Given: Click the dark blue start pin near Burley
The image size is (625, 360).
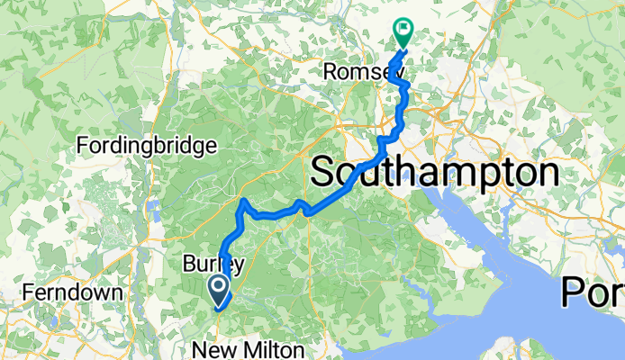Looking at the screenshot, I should click(x=219, y=288).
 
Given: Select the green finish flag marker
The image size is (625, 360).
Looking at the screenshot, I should click(x=403, y=32).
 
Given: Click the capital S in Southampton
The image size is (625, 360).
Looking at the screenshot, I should click(x=326, y=172).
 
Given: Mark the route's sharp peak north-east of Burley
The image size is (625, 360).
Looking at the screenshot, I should click(x=243, y=200).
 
